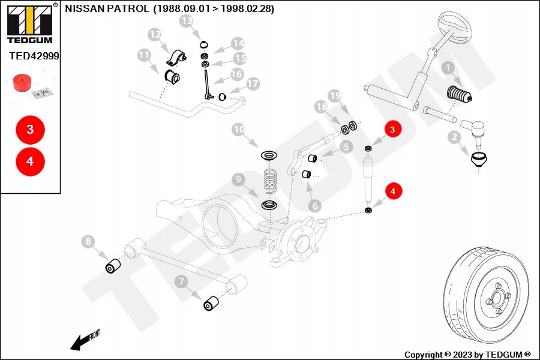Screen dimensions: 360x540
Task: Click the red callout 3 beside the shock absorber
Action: tap(392, 129)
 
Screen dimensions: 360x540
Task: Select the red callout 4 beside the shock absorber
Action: tap(393, 191)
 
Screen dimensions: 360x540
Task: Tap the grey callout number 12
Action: tap(155, 35)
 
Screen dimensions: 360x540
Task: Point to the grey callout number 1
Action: tap(448, 69)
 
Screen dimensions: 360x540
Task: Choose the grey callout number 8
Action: tap(89, 242)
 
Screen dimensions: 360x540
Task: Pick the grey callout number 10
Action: tap(239, 130)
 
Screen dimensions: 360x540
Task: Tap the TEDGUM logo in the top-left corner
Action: tap(29, 22)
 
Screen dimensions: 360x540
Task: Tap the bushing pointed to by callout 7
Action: tap(211, 304)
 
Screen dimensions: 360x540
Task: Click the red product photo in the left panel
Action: tap(22, 83)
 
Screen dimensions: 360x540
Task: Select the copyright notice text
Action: tap(467, 355)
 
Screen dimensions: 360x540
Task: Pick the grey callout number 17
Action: tap(253, 84)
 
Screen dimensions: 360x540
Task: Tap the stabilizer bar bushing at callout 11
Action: tap(172, 77)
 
